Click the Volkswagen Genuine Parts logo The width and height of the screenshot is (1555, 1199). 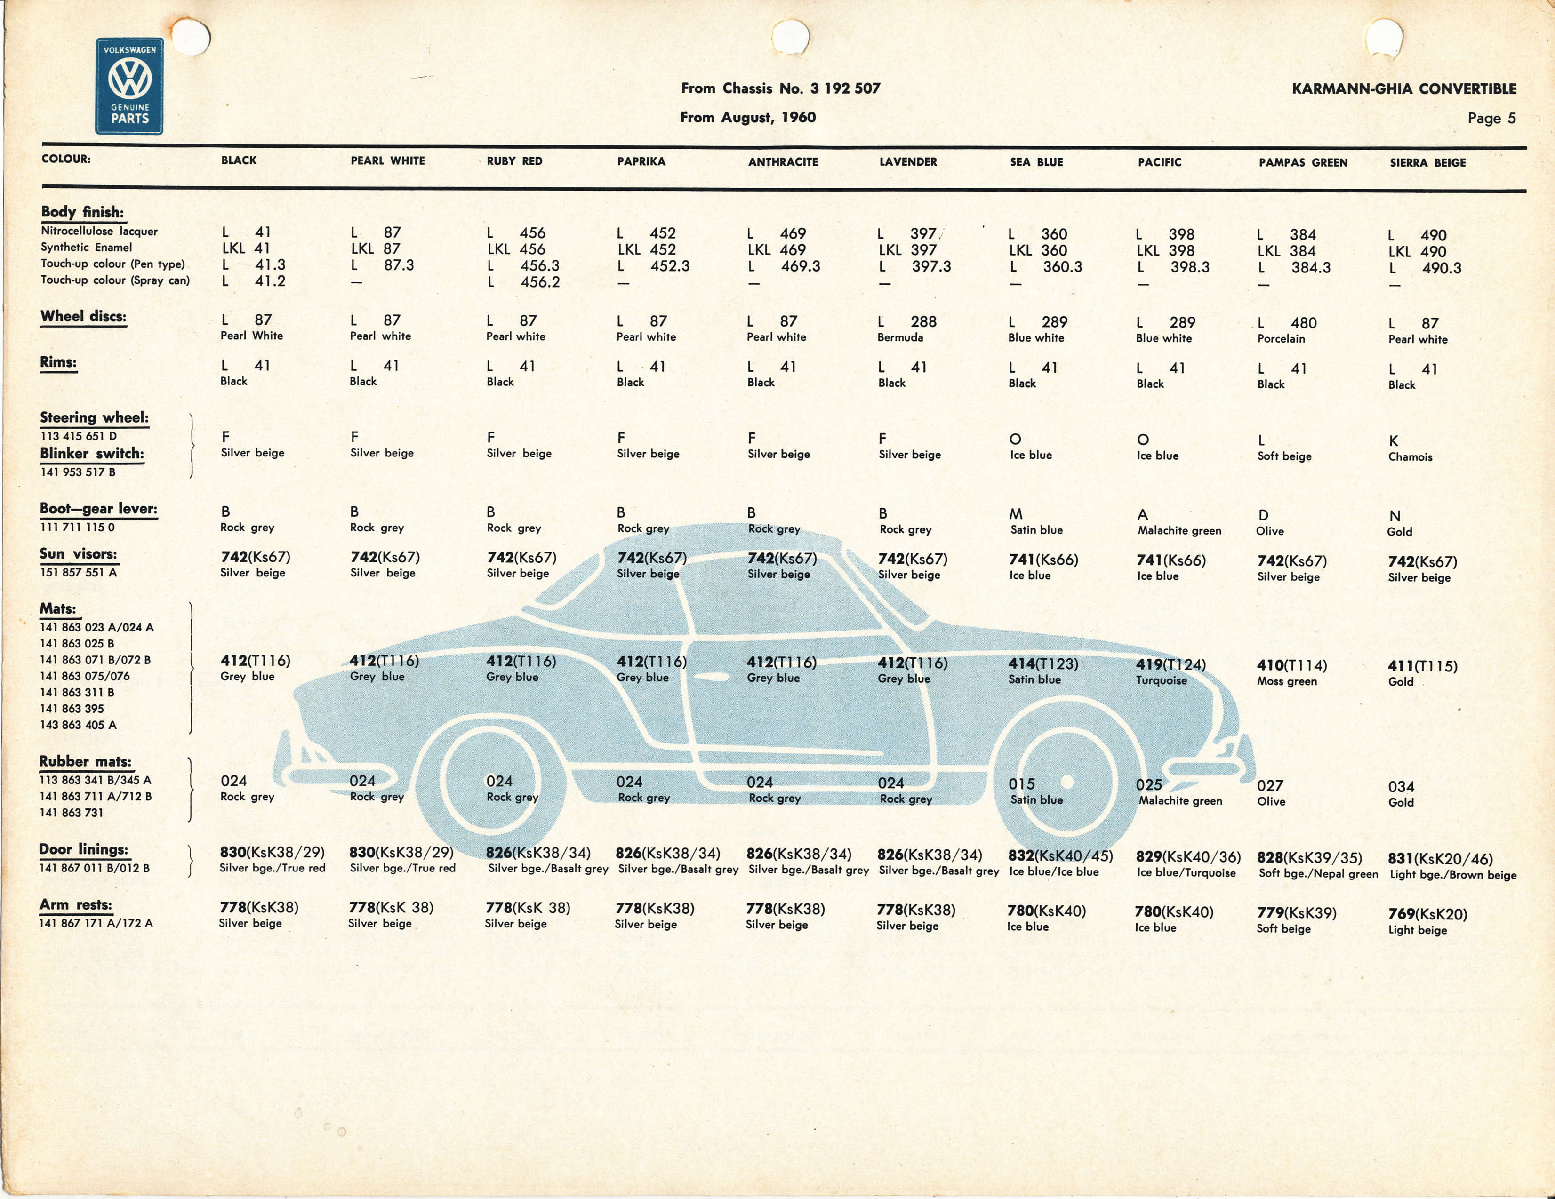tap(129, 86)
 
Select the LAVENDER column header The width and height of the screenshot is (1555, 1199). tap(908, 161)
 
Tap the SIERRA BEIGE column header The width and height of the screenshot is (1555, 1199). tap(1427, 162)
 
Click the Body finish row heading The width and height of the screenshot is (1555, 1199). tap(82, 212)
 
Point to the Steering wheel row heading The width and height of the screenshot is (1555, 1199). tap(94, 418)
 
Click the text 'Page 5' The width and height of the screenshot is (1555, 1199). tap(1491, 118)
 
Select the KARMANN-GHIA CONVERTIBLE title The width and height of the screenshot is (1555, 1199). tap(1404, 89)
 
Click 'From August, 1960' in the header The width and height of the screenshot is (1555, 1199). tap(747, 118)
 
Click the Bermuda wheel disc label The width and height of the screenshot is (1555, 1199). tap(900, 337)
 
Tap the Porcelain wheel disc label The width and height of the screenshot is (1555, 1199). tap(1281, 339)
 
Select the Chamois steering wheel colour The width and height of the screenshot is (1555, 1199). tap(1410, 457)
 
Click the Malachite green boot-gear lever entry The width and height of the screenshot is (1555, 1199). tap(1179, 530)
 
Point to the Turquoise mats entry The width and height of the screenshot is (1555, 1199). tap(1161, 680)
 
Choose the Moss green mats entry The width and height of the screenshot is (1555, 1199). tap(1287, 681)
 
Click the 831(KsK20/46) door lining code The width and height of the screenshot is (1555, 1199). tap(1440, 859)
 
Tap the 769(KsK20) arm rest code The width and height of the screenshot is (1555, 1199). tap(1427, 914)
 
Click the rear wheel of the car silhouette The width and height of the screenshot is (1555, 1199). tap(1066, 782)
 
